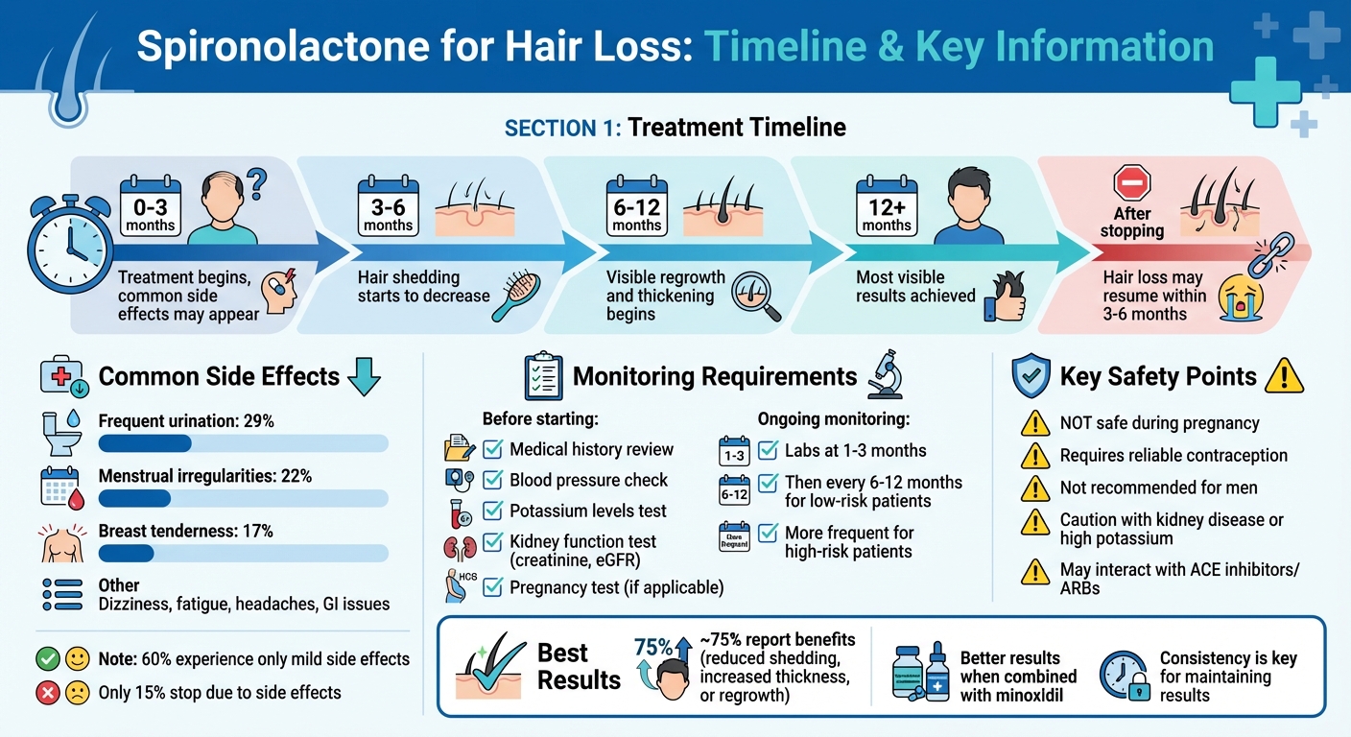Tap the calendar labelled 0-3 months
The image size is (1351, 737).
pos(151,204)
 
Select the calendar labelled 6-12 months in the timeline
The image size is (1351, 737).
pos(636,204)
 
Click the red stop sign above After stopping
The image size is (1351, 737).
pos(1131,181)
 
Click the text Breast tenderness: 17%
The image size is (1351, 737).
pos(186,531)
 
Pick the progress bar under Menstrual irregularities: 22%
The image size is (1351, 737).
pos(244,498)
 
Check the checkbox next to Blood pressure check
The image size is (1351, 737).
pos(493,480)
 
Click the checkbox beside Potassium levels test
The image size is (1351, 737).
pos(493,511)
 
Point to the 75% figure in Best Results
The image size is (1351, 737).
pos(652,648)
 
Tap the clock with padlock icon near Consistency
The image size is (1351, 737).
pos(1124,676)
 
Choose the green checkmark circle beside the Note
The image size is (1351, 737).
pos(48,659)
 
